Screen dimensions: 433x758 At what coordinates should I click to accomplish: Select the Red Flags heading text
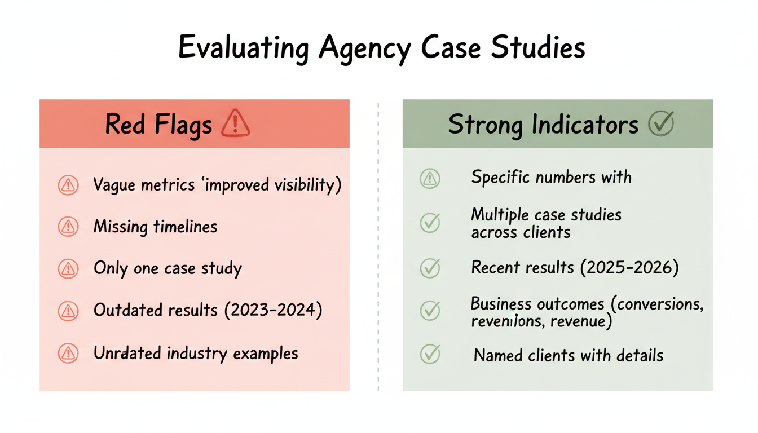click(x=158, y=124)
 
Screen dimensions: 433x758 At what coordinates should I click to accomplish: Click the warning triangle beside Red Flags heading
click(x=235, y=123)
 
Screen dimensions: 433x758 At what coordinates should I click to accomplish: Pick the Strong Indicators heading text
click(x=543, y=124)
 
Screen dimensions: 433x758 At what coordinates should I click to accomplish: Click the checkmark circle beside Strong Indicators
click(x=661, y=123)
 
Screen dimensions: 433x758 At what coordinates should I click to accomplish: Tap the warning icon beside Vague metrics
click(x=68, y=185)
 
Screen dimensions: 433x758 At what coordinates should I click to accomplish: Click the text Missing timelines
click(x=155, y=227)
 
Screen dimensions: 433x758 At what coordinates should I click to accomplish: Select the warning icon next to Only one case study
click(x=68, y=269)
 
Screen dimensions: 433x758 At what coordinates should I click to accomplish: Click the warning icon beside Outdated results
click(x=68, y=311)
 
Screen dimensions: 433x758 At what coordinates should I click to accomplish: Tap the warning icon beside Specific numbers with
click(x=430, y=179)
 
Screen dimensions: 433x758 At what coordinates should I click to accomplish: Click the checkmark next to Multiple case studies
click(x=430, y=223)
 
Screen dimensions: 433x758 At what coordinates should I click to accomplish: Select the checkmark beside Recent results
click(x=430, y=268)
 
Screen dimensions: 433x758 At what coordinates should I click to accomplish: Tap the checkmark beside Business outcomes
click(x=430, y=311)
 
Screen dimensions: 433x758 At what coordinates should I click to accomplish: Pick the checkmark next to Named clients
click(x=430, y=354)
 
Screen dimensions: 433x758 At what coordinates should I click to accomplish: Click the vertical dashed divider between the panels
click(x=378, y=245)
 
